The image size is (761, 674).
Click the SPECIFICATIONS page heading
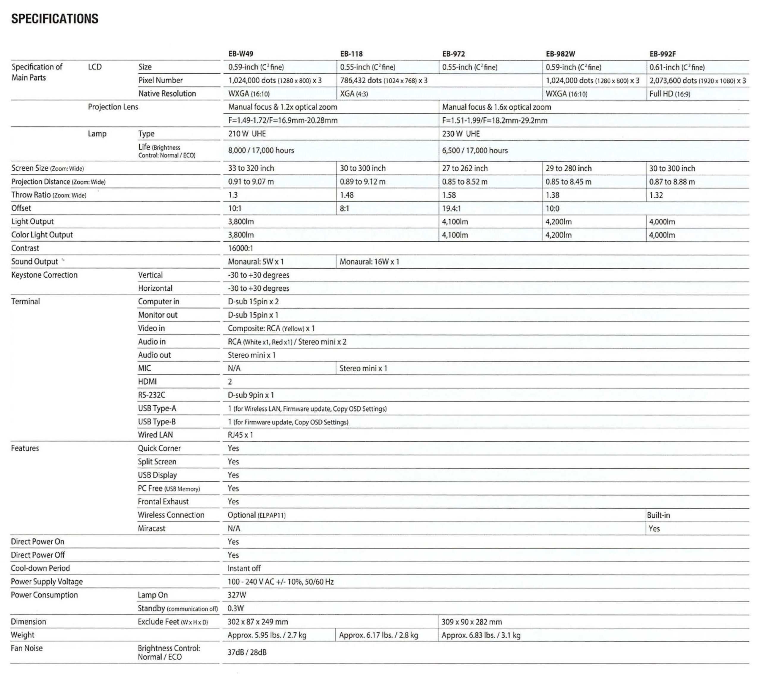(x=55, y=19)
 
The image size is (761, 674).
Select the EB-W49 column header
(x=240, y=54)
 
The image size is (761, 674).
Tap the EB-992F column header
(x=662, y=54)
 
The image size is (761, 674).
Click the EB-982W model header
(x=560, y=54)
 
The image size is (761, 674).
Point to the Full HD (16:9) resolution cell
(x=669, y=94)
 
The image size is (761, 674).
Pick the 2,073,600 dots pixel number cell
(x=697, y=81)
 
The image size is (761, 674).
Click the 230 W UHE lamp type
(x=461, y=134)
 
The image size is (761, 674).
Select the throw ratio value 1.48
(x=347, y=195)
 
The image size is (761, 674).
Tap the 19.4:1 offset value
(x=451, y=208)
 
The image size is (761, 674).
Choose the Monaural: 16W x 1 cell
(x=369, y=262)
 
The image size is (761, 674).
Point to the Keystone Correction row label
(x=44, y=275)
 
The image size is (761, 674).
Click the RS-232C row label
(x=152, y=395)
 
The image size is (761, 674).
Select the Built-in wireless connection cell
(x=658, y=515)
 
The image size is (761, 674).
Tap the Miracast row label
(x=152, y=528)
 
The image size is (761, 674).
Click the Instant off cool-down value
(x=244, y=568)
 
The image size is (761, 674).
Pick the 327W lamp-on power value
(x=237, y=595)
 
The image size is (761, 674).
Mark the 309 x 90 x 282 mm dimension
(x=471, y=622)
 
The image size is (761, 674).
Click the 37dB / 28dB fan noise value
(x=247, y=652)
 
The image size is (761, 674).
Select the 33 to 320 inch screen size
(x=251, y=168)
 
